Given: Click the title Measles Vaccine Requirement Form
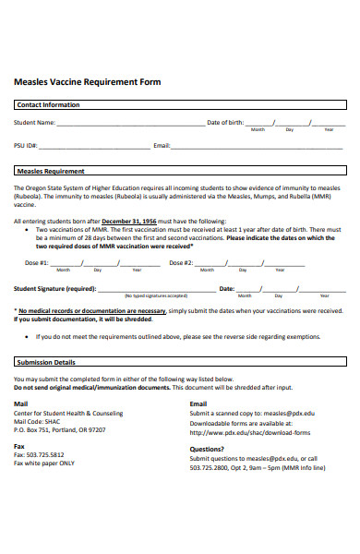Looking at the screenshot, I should (87, 82).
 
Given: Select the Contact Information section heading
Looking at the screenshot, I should (48, 104).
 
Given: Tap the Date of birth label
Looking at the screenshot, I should (225, 122).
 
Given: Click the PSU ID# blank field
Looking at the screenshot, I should (91, 145).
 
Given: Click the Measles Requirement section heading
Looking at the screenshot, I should (51, 171).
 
